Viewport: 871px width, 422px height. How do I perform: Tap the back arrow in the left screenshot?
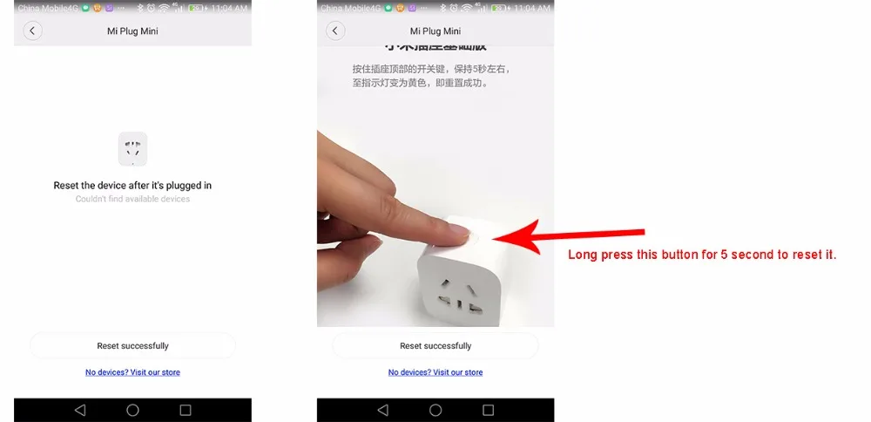click(32, 31)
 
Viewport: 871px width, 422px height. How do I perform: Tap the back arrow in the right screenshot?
click(335, 31)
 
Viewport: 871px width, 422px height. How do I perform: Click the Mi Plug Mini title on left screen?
click(132, 31)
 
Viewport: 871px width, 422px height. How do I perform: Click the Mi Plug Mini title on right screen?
click(435, 31)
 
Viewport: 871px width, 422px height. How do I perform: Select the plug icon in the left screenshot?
click(132, 149)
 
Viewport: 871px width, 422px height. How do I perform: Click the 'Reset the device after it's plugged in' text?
click(132, 186)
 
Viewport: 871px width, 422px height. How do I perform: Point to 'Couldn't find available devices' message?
click(132, 200)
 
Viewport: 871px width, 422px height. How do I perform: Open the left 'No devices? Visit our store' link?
click(132, 372)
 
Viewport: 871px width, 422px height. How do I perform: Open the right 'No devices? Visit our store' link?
click(435, 372)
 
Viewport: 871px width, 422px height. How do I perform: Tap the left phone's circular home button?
click(132, 410)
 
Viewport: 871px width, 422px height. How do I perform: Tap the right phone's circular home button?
click(435, 410)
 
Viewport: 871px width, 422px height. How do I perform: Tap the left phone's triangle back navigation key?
click(80, 410)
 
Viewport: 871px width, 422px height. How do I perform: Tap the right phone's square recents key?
click(488, 410)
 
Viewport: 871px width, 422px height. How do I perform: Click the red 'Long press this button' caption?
click(702, 255)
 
